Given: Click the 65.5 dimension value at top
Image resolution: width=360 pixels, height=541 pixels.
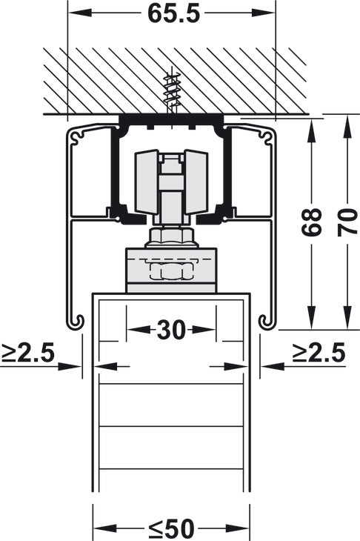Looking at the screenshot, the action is [x=173, y=14].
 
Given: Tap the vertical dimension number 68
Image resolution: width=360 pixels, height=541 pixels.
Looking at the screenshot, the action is [x=312, y=222].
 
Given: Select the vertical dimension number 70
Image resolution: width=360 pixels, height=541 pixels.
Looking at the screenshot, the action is [x=347, y=222].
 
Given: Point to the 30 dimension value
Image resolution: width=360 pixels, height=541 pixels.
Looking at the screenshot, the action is [x=171, y=330].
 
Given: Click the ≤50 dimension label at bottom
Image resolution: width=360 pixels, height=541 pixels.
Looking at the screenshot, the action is [x=172, y=528].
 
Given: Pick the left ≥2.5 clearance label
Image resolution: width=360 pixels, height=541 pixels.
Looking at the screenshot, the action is [x=27, y=353].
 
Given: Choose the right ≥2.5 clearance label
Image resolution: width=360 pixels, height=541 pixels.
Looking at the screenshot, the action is [x=319, y=353].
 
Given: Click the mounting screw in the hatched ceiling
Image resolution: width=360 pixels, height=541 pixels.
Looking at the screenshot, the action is [x=171, y=93].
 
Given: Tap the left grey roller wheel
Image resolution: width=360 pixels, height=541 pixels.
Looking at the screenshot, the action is [x=147, y=182].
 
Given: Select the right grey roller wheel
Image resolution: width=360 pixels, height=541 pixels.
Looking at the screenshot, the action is [x=196, y=182].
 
